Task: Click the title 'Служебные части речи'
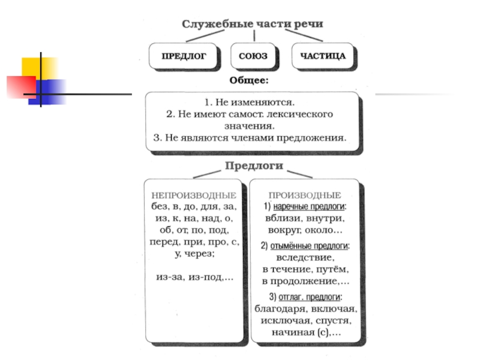[253, 24]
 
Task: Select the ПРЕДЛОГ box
[184, 56]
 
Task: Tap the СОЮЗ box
[253, 56]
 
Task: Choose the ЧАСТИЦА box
[323, 56]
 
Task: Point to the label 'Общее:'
[249, 79]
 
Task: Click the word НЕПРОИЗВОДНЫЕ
[193, 196]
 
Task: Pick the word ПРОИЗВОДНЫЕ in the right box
[305, 195]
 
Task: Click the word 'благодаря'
[280, 309]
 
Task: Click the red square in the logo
[18, 86]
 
